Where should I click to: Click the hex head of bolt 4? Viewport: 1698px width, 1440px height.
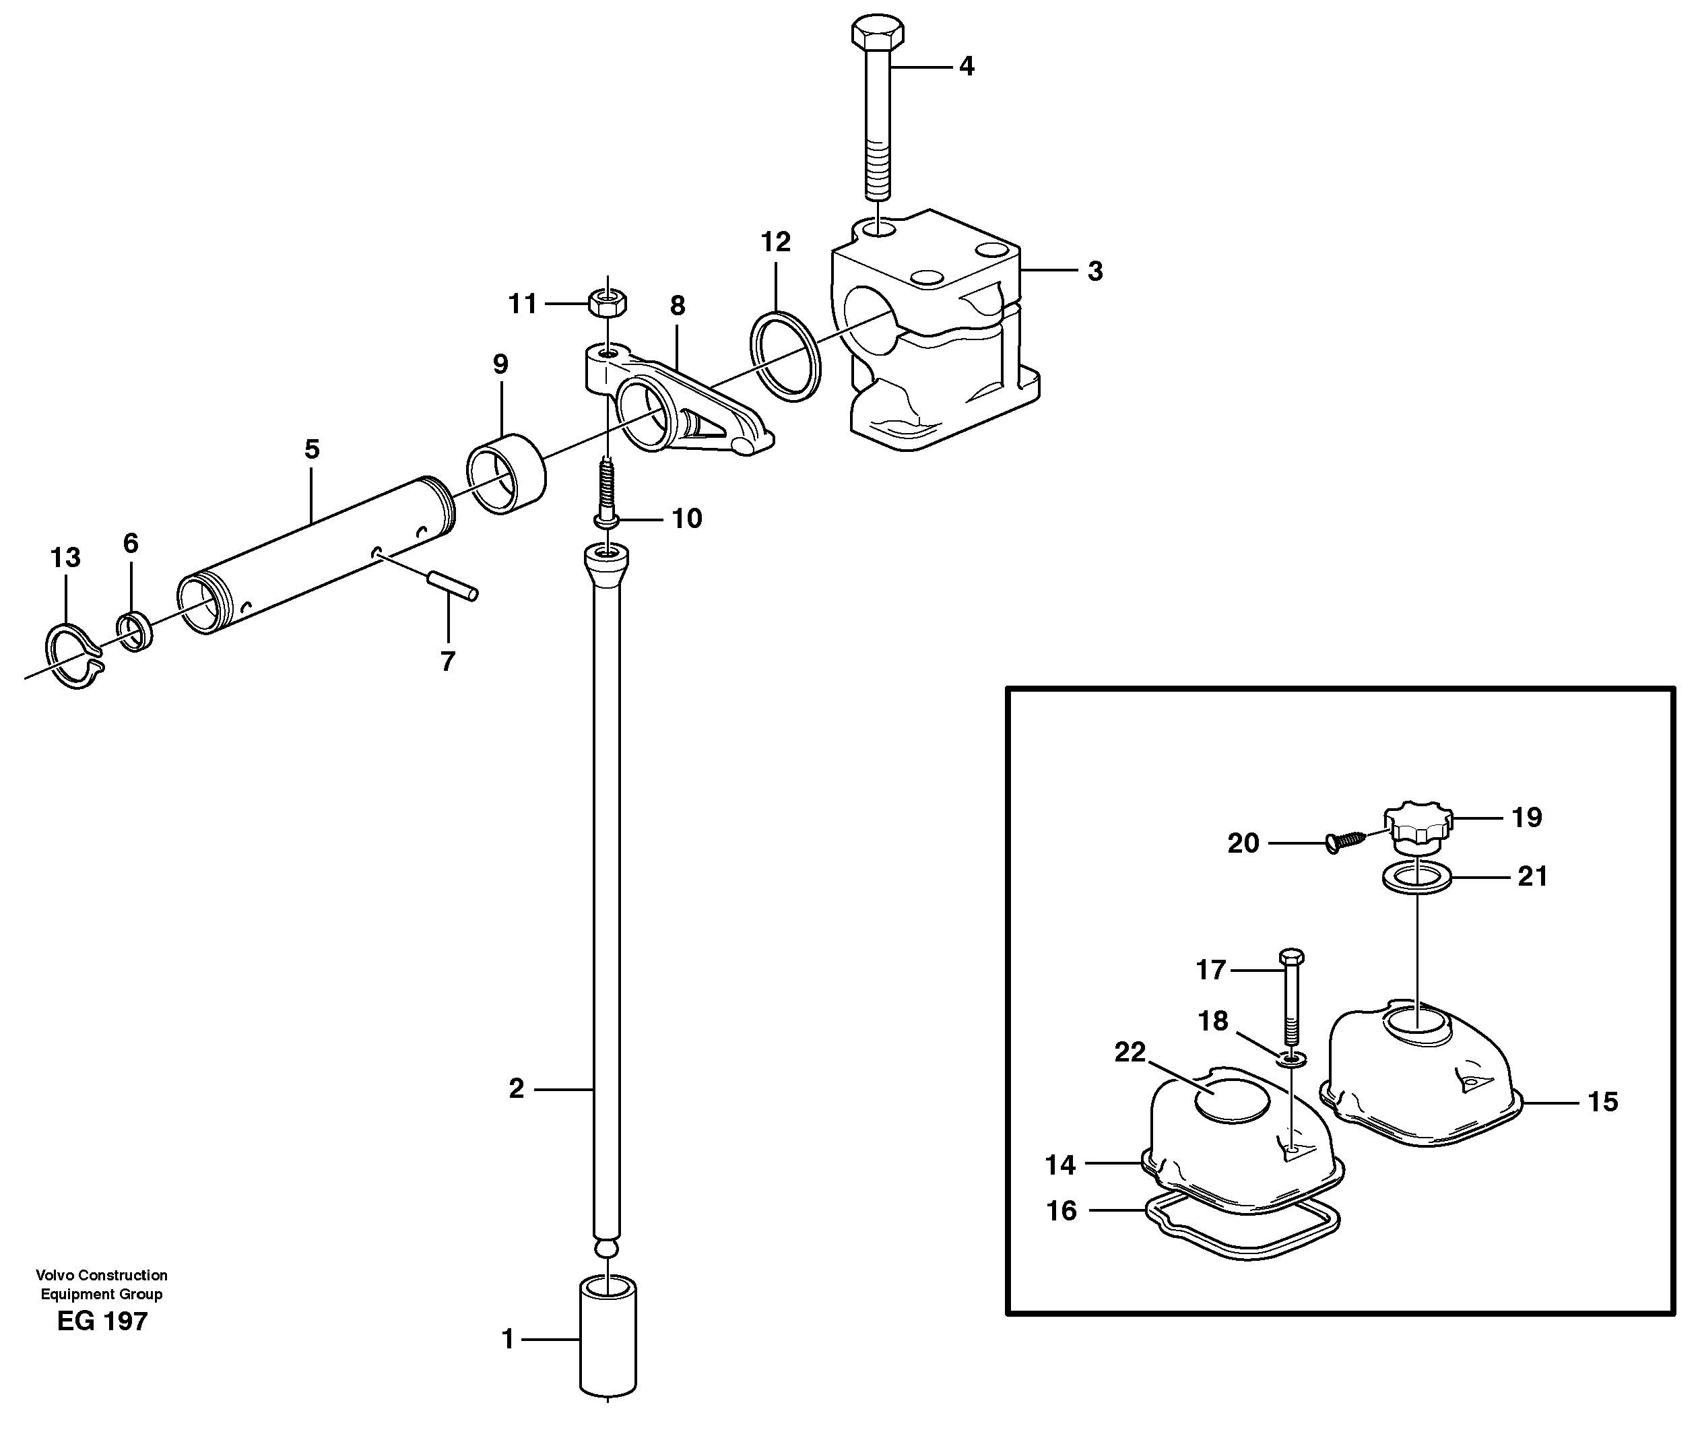pyautogui.click(x=878, y=32)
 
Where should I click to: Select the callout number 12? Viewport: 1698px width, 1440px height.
pyautogui.click(x=775, y=242)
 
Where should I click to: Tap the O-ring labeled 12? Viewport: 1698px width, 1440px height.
pyautogui.click(x=785, y=357)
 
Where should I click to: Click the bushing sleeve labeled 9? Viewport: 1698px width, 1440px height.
pyautogui.click(x=506, y=474)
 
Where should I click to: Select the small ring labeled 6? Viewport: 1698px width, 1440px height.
pyautogui.click(x=135, y=632)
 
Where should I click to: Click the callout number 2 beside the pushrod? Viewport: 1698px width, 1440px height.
pyautogui.click(x=516, y=1088)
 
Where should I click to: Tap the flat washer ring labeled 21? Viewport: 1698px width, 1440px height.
pyautogui.click(x=1417, y=879)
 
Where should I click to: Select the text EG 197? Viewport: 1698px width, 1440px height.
pyautogui.click(x=102, y=1321)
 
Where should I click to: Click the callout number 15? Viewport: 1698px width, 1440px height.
pyautogui.click(x=1602, y=1101)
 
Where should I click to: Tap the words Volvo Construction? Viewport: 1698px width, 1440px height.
pyautogui.click(x=102, y=1275)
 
